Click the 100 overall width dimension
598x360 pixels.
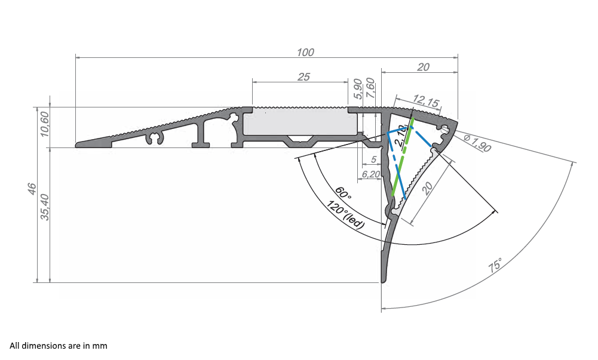[305, 52]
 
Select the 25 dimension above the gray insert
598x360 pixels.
[303, 76]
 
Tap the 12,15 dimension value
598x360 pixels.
[425, 101]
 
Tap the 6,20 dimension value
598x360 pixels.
[372, 174]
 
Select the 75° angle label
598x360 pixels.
[495, 265]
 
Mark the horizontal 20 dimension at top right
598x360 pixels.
[423, 67]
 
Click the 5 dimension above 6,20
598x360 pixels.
[373, 160]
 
